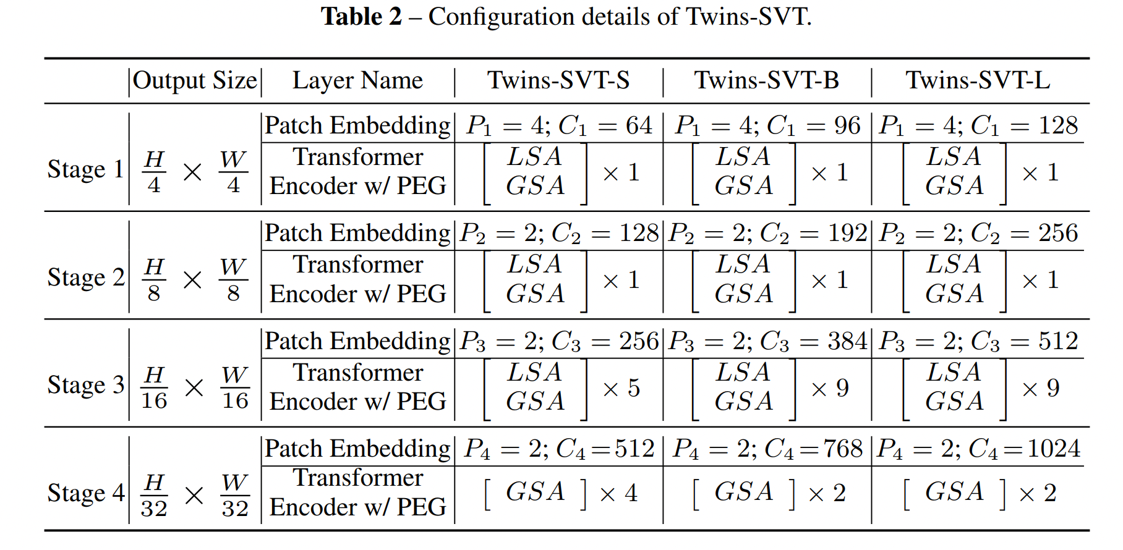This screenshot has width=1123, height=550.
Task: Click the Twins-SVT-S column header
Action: (558, 80)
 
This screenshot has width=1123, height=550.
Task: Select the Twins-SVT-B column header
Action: (766, 80)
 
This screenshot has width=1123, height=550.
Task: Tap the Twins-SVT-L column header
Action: (978, 80)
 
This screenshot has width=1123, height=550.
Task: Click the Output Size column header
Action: (195, 80)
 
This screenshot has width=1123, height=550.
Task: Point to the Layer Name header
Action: (357, 80)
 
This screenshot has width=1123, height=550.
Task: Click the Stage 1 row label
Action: (85, 169)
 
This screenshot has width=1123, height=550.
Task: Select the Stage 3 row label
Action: (85, 385)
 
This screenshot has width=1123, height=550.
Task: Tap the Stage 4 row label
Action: (85, 493)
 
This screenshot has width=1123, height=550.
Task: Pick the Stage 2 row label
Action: (85, 277)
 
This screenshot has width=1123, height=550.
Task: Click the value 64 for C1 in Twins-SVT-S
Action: (639, 126)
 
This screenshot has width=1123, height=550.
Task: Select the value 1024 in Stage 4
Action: (1054, 449)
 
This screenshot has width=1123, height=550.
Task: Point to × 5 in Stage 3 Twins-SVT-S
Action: (621, 388)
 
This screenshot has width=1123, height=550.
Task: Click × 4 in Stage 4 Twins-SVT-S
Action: (618, 493)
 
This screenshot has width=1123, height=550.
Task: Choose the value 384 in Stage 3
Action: (847, 341)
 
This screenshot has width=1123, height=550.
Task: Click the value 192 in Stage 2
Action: (847, 234)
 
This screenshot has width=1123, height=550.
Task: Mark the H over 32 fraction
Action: (154, 495)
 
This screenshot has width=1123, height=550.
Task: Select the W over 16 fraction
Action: (235, 387)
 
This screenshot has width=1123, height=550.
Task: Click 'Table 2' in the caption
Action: (361, 17)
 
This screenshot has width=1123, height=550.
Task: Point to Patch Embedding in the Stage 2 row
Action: (357, 234)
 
